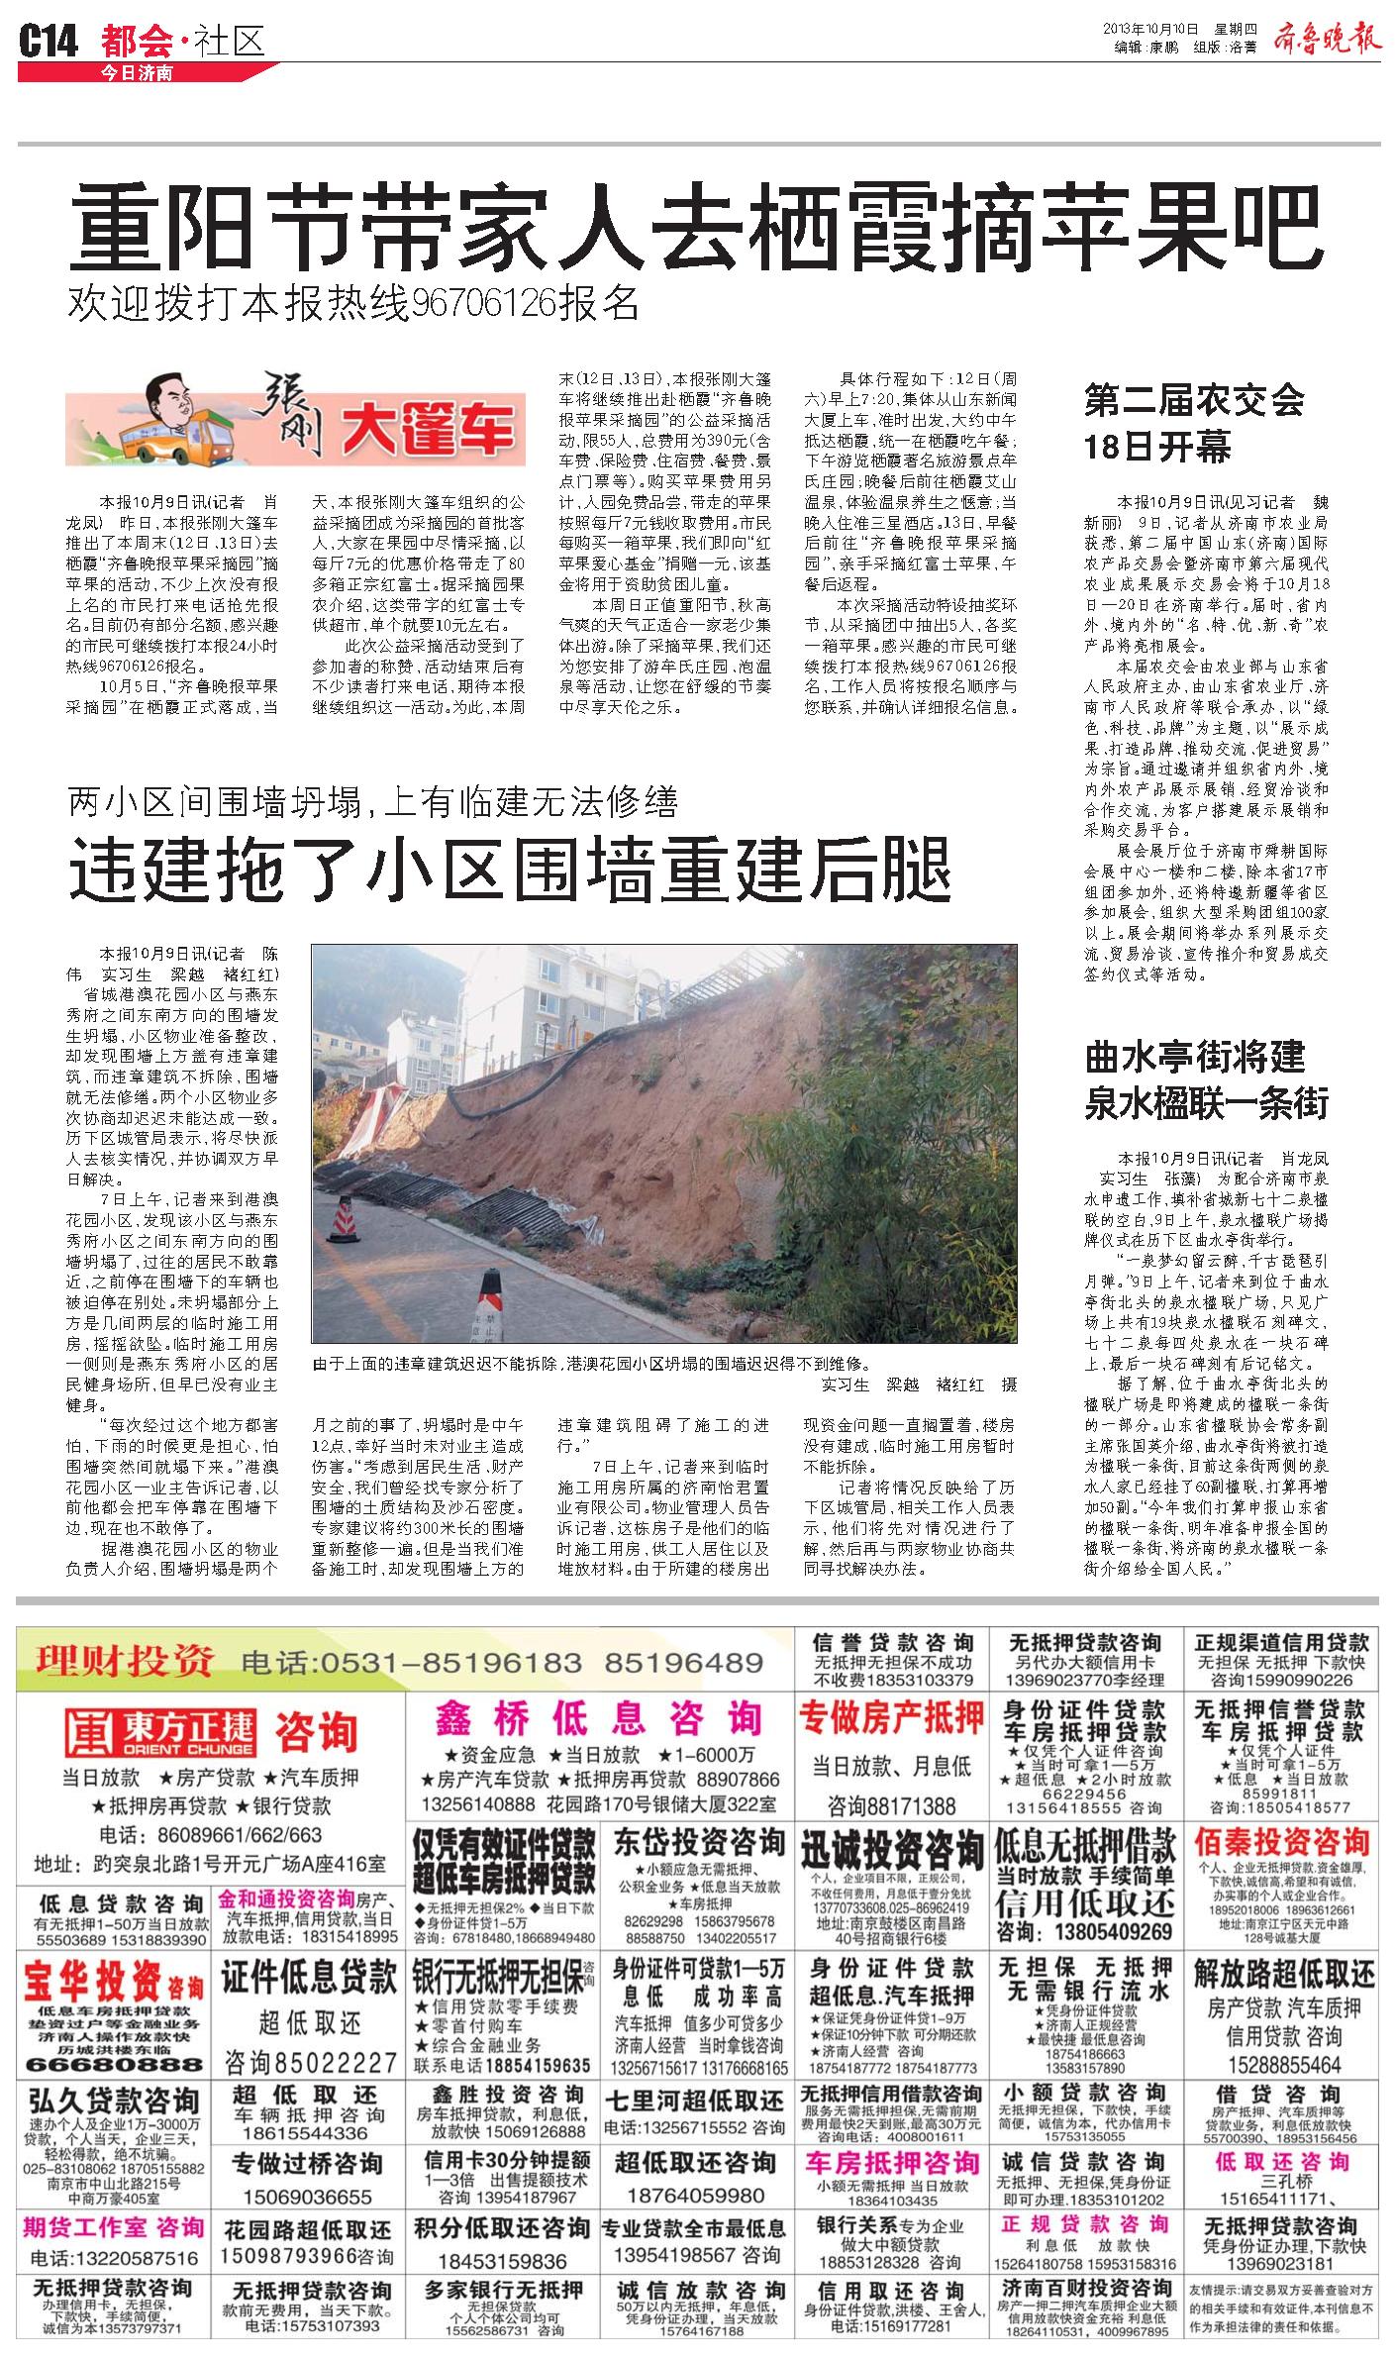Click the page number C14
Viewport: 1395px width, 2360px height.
(x=49, y=42)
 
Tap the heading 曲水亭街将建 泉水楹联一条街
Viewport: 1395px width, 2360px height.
(x=1207, y=1079)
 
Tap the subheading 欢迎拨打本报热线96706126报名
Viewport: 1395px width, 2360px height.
(x=353, y=304)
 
